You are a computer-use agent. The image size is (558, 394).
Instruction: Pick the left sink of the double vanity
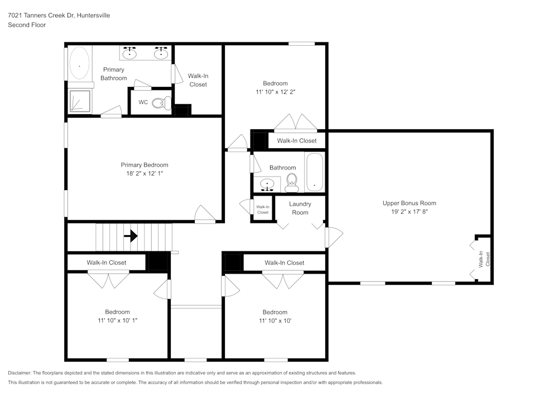[x=131, y=53]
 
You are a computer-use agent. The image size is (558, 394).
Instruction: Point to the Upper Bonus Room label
[x=409, y=203]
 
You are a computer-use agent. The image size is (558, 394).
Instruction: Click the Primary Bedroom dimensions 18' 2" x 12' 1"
[x=145, y=173]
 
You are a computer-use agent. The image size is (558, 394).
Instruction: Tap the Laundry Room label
[x=300, y=208]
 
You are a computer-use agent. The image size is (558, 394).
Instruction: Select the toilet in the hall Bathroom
[x=291, y=181]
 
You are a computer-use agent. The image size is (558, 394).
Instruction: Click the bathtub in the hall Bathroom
[x=315, y=172]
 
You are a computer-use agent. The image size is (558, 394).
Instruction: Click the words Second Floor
[x=27, y=25]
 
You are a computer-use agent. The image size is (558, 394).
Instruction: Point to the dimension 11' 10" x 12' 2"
[x=275, y=92]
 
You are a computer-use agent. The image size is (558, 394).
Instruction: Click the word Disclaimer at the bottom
[x=20, y=373]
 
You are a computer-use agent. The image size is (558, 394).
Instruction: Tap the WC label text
[x=143, y=103]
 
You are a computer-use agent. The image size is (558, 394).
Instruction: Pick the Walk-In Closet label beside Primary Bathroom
[x=198, y=80]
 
